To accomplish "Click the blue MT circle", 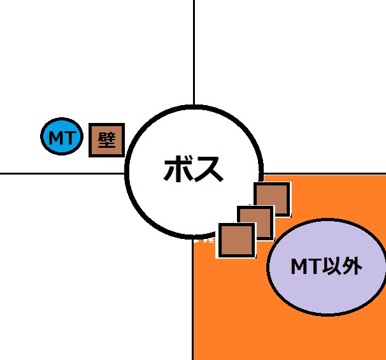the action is pos(62,136).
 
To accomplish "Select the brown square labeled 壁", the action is pos(106,140).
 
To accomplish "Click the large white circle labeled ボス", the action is pos(194,171).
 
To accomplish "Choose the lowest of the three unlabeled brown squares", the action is pos(236,241).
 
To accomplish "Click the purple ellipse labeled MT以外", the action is pos(327,267).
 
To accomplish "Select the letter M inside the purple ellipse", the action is pos(299,266).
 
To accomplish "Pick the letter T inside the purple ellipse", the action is pos(315,266).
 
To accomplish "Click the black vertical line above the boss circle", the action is pos(194,52).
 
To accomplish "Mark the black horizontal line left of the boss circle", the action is pos(62,173).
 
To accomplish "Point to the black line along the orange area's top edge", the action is pos(324,174).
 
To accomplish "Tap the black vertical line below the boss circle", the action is pos(192,299).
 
